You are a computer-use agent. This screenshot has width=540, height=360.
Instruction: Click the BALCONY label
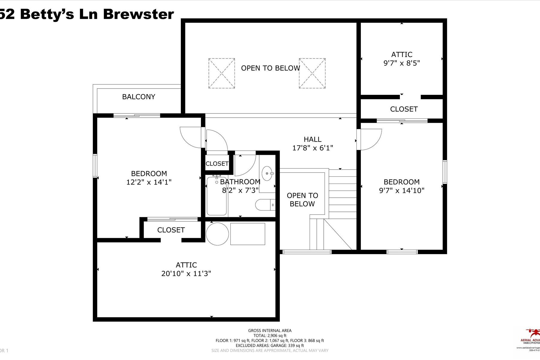click(138, 97)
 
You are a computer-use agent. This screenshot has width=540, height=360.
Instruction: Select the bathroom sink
click(267, 173)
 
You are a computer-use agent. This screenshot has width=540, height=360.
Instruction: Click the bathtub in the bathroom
click(217, 196)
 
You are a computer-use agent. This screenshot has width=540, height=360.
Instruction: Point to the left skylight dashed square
click(222, 73)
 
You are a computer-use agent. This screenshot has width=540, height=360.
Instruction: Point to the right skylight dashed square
click(312, 73)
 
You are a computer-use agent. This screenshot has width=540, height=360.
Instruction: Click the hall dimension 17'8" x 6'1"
click(313, 148)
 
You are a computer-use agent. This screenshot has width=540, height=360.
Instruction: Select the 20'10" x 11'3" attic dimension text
click(186, 274)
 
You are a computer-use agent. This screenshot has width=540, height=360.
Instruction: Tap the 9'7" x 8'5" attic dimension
click(402, 63)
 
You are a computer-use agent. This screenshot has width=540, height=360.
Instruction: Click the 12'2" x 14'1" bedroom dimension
click(149, 182)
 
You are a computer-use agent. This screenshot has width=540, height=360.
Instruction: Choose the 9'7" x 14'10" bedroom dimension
click(402, 190)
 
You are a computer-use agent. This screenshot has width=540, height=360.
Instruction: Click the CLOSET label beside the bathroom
click(217, 164)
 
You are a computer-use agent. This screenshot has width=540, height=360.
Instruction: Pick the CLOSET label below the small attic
click(403, 109)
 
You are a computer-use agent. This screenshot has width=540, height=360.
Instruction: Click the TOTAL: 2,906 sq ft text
click(270, 336)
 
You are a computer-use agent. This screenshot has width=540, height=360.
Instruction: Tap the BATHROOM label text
click(240, 182)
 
